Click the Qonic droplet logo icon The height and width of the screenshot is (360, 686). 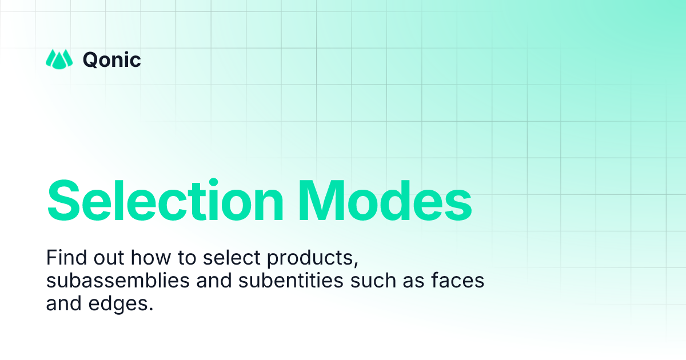pos(59,58)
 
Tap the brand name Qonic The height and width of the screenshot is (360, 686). pos(112,59)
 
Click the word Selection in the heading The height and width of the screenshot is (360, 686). pos(166,200)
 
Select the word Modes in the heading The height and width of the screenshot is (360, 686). pos(384,200)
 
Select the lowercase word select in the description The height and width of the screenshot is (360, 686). pos(228,258)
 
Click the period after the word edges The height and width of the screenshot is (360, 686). pos(152,309)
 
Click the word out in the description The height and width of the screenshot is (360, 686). pos(107,258)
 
